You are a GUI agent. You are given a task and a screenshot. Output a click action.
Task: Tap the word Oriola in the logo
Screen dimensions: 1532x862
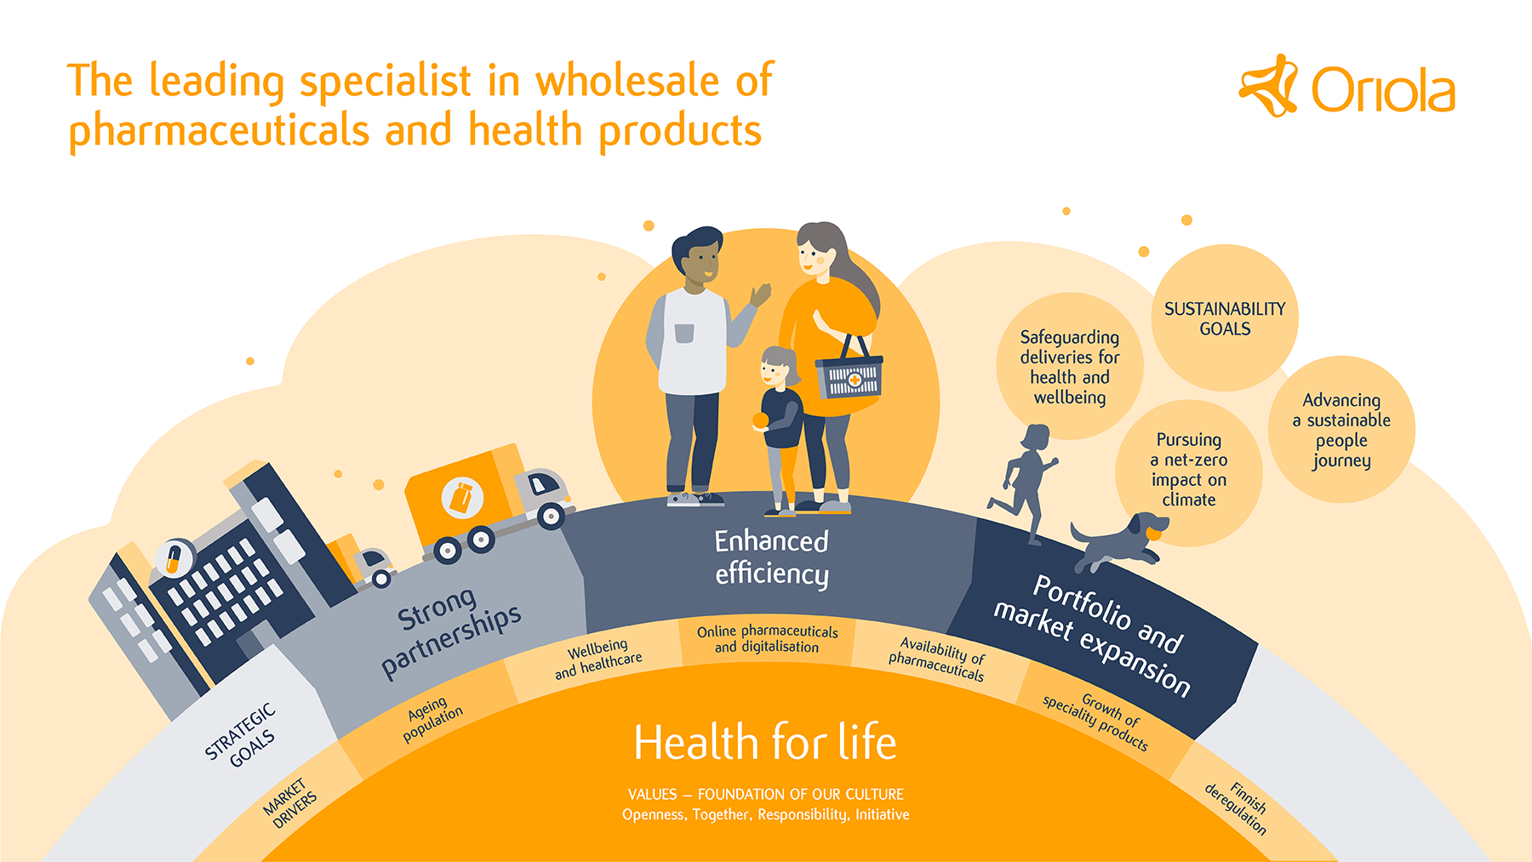click(1383, 90)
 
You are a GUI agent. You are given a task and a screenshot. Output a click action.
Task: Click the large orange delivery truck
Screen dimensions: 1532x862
click(487, 503)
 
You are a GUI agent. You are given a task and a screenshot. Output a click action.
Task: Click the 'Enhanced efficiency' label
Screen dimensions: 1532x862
click(771, 557)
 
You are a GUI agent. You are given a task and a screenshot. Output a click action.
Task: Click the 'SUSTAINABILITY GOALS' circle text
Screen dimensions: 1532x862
click(1225, 319)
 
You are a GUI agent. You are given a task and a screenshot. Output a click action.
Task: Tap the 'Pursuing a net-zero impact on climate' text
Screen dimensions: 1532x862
click(1189, 470)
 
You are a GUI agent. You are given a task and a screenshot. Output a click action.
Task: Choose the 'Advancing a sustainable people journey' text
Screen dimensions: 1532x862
click(1341, 430)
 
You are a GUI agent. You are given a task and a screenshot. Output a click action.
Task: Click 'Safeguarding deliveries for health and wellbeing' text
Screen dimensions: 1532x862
click(1070, 367)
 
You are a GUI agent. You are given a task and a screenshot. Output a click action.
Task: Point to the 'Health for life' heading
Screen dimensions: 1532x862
click(765, 742)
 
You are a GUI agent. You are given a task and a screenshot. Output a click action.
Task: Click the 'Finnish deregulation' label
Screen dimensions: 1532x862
click(1237, 808)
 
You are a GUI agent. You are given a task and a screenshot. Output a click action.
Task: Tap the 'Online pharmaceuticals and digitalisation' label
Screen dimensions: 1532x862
click(768, 639)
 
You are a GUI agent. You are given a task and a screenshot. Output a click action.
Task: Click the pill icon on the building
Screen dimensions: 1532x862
click(174, 558)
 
